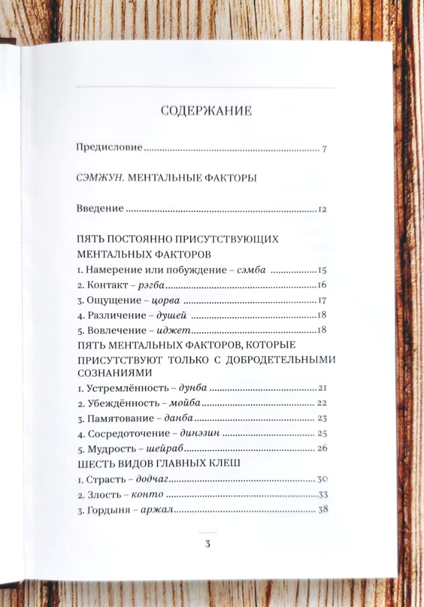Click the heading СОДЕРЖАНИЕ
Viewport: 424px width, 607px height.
coord(206,110)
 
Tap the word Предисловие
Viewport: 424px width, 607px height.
coord(110,149)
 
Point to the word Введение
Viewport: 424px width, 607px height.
coord(100,209)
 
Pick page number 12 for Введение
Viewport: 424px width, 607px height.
coord(322,209)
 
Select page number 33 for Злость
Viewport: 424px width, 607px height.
coord(322,495)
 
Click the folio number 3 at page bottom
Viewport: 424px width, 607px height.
coord(207,544)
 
